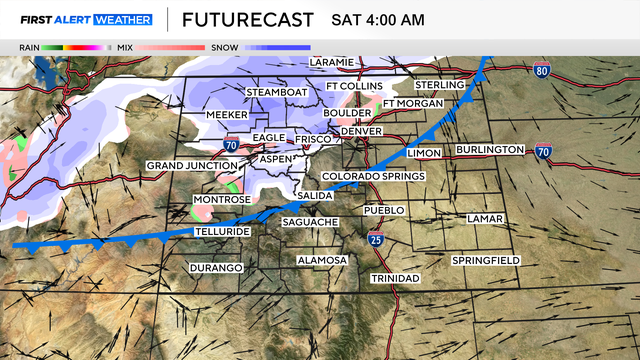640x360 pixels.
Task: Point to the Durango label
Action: (x=217, y=268)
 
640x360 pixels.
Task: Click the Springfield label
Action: (x=485, y=260)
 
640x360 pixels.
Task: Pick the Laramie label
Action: (x=332, y=62)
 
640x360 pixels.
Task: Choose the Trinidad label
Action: (x=395, y=277)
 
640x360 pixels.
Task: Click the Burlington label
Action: (x=490, y=150)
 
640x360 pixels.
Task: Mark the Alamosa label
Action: (x=322, y=260)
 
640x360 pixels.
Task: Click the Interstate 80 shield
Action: (x=541, y=71)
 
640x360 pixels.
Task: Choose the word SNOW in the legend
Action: (x=223, y=47)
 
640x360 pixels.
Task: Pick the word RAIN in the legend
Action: (x=30, y=47)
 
